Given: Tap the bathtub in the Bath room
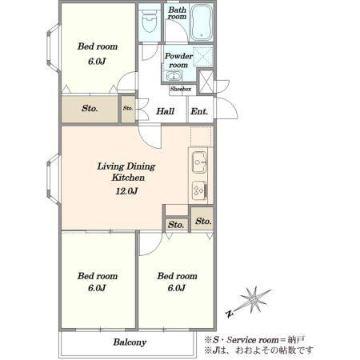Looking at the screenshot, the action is (x=202, y=22).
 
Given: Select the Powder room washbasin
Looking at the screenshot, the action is (x=174, y=75).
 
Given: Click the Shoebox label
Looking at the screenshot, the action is (x=181, y=89).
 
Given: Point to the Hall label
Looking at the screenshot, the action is (x=165, y=111).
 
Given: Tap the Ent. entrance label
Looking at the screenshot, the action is (x=199, y=111).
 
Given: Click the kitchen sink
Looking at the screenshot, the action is (x=199, y=162).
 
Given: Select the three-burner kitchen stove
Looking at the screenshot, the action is (x=200, y=190).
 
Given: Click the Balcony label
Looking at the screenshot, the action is (x=130, y=342).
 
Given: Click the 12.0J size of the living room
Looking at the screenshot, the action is (x=126, y=191).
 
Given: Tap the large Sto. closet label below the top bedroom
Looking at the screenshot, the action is (x=90, y=108).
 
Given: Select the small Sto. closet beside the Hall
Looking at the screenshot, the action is (x=128, y=109).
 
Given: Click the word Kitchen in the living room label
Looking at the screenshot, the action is (x=128, y=178).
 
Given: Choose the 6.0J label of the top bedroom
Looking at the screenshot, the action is (x=97, y=62).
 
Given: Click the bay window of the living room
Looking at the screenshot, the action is (x=54, y=180).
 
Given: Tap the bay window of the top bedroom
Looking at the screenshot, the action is (x=54, y=48).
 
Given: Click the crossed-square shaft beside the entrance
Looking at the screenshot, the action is (x=206, y=82).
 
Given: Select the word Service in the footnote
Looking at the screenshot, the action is (x=242, y=340).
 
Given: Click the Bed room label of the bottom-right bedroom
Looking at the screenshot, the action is (x=177, y=276).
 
